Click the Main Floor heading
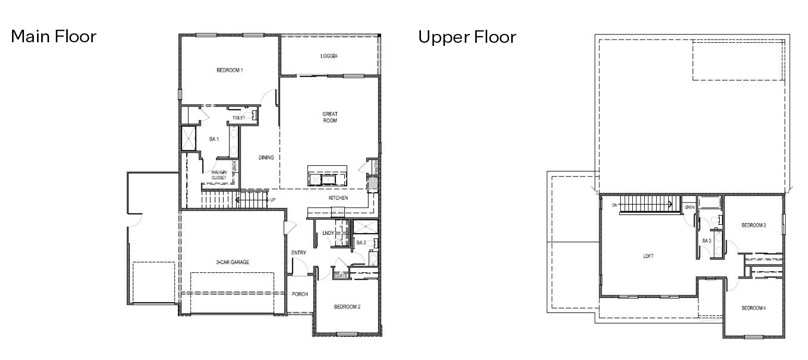tap(54, 37)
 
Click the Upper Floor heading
tap(467, 37)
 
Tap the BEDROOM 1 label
tap(230, 70)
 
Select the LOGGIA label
tap(329, 56)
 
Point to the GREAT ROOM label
tap(330, 117)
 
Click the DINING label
tap(266, 158)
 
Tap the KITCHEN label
tap(338, 198)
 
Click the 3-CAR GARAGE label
tap(233, 262)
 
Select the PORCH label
tap(299, 294)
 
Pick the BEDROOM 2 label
tap(347, 307)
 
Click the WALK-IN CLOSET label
tap(219, 175)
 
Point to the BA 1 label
tap(213, 139)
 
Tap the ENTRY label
tap(298, 253)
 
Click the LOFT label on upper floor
tap(648, 256)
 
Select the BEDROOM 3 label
tap(754, 225)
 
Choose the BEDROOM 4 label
tap(754, 308)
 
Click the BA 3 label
tap(706, 241)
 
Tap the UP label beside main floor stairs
tap(273, 199)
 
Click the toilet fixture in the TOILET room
tap(254, 116)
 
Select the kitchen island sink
tap(329, 181)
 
